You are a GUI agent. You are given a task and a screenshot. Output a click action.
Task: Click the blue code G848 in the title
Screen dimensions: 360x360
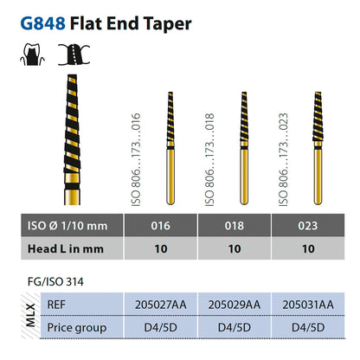click(x=43, y=23)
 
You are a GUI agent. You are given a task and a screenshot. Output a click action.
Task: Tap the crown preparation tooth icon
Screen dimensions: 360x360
click(x=32, y=55)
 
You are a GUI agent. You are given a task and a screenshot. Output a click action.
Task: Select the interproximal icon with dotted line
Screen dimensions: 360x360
click(x=74, y=55)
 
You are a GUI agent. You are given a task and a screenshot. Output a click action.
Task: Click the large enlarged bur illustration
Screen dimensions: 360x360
click(x=72, y=139)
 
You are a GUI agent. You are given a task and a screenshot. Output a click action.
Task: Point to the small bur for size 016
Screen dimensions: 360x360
click(x=170, y=148)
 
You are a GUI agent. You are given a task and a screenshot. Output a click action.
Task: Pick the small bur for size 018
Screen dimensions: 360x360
click(x=244, y=148)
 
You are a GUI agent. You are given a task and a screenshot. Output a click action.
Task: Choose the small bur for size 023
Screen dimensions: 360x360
click(x=318, y=148)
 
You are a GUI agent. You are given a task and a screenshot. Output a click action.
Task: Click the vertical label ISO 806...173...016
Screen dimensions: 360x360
click(x=136, y=159)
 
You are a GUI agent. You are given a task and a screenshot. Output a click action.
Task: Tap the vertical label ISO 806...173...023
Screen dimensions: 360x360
click(x=283, y=159)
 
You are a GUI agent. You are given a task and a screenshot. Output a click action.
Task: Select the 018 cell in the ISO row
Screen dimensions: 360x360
click(x=235, y=226)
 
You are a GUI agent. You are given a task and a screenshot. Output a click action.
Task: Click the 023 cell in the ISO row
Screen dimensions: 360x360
click(x=308, y=226)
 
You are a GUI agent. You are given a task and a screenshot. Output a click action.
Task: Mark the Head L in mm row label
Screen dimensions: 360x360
click(x=66, y=249)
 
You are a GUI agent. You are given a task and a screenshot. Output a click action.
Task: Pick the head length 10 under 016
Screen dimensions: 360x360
click(x=161, y=248)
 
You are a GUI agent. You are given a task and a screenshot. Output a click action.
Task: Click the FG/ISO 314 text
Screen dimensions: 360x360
click(x=55, y=281)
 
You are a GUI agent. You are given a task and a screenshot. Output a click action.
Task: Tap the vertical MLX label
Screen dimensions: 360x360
click(x=30, y=315)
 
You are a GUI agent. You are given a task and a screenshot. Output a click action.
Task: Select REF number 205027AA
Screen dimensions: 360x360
click(x=161, y=305)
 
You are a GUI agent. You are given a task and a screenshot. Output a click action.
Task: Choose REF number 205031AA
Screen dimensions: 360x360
click(x=308, y=305)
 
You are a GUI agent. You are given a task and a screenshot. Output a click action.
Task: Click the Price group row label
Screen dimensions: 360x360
click(x=77, y=328)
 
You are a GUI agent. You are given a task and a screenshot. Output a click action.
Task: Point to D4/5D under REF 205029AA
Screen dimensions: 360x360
click(x=235, y=327)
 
